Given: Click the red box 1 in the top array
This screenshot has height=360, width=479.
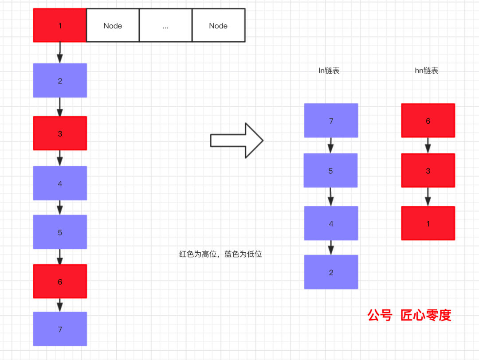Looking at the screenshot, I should pos(60,26).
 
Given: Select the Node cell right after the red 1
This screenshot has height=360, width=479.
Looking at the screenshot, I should pos(113,26).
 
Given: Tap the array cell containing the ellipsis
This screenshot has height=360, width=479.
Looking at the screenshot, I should pos(165,26).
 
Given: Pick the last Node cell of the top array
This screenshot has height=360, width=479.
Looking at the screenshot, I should pos(218,26).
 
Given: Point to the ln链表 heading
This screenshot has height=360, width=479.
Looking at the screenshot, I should pos(329,70).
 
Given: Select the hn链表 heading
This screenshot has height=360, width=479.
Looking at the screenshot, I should pos(426,70).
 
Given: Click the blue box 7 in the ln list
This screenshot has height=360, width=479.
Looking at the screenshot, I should pos(331,121).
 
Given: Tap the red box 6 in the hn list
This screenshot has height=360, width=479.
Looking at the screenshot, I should pos(428,121).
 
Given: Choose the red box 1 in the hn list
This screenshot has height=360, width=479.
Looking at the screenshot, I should pos(428,223).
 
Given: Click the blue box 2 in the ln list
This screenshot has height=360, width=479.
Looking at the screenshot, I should pos(331,272).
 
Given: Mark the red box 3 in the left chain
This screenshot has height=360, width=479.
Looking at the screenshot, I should pos(60,133).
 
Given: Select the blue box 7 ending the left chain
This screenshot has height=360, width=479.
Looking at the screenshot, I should pos(60,329).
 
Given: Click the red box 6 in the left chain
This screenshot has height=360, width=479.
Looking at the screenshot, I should pos(60,282).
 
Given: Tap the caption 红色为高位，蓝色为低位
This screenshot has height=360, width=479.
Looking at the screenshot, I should pos(220,254).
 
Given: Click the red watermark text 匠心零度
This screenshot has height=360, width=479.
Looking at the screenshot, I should pos(426,315).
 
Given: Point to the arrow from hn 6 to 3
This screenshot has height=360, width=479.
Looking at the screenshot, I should pos(428,145).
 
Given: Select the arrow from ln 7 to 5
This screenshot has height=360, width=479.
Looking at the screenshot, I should pos(331,145).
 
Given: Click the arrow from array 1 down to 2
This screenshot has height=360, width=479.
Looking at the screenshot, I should pos(60,53).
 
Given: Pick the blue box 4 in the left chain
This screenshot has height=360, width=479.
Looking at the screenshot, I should pos(60,183).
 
